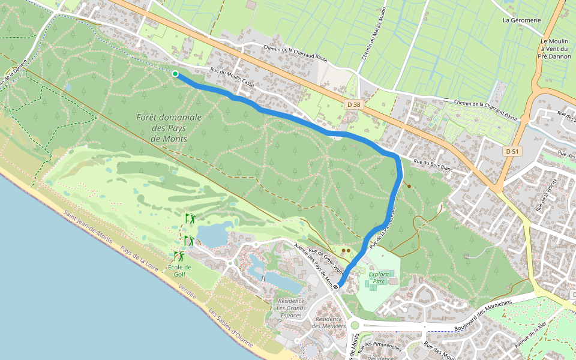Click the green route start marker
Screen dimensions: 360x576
[175, 74]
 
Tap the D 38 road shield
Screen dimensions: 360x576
[354, 104]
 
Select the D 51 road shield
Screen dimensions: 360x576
[511, 151]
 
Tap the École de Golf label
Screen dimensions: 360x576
[179, 271]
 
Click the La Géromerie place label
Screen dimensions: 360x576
[521, 20]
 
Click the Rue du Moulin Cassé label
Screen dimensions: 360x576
[232, 78]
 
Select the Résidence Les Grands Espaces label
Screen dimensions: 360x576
[292, 308]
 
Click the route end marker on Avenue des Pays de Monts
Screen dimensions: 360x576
[337, 287]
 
